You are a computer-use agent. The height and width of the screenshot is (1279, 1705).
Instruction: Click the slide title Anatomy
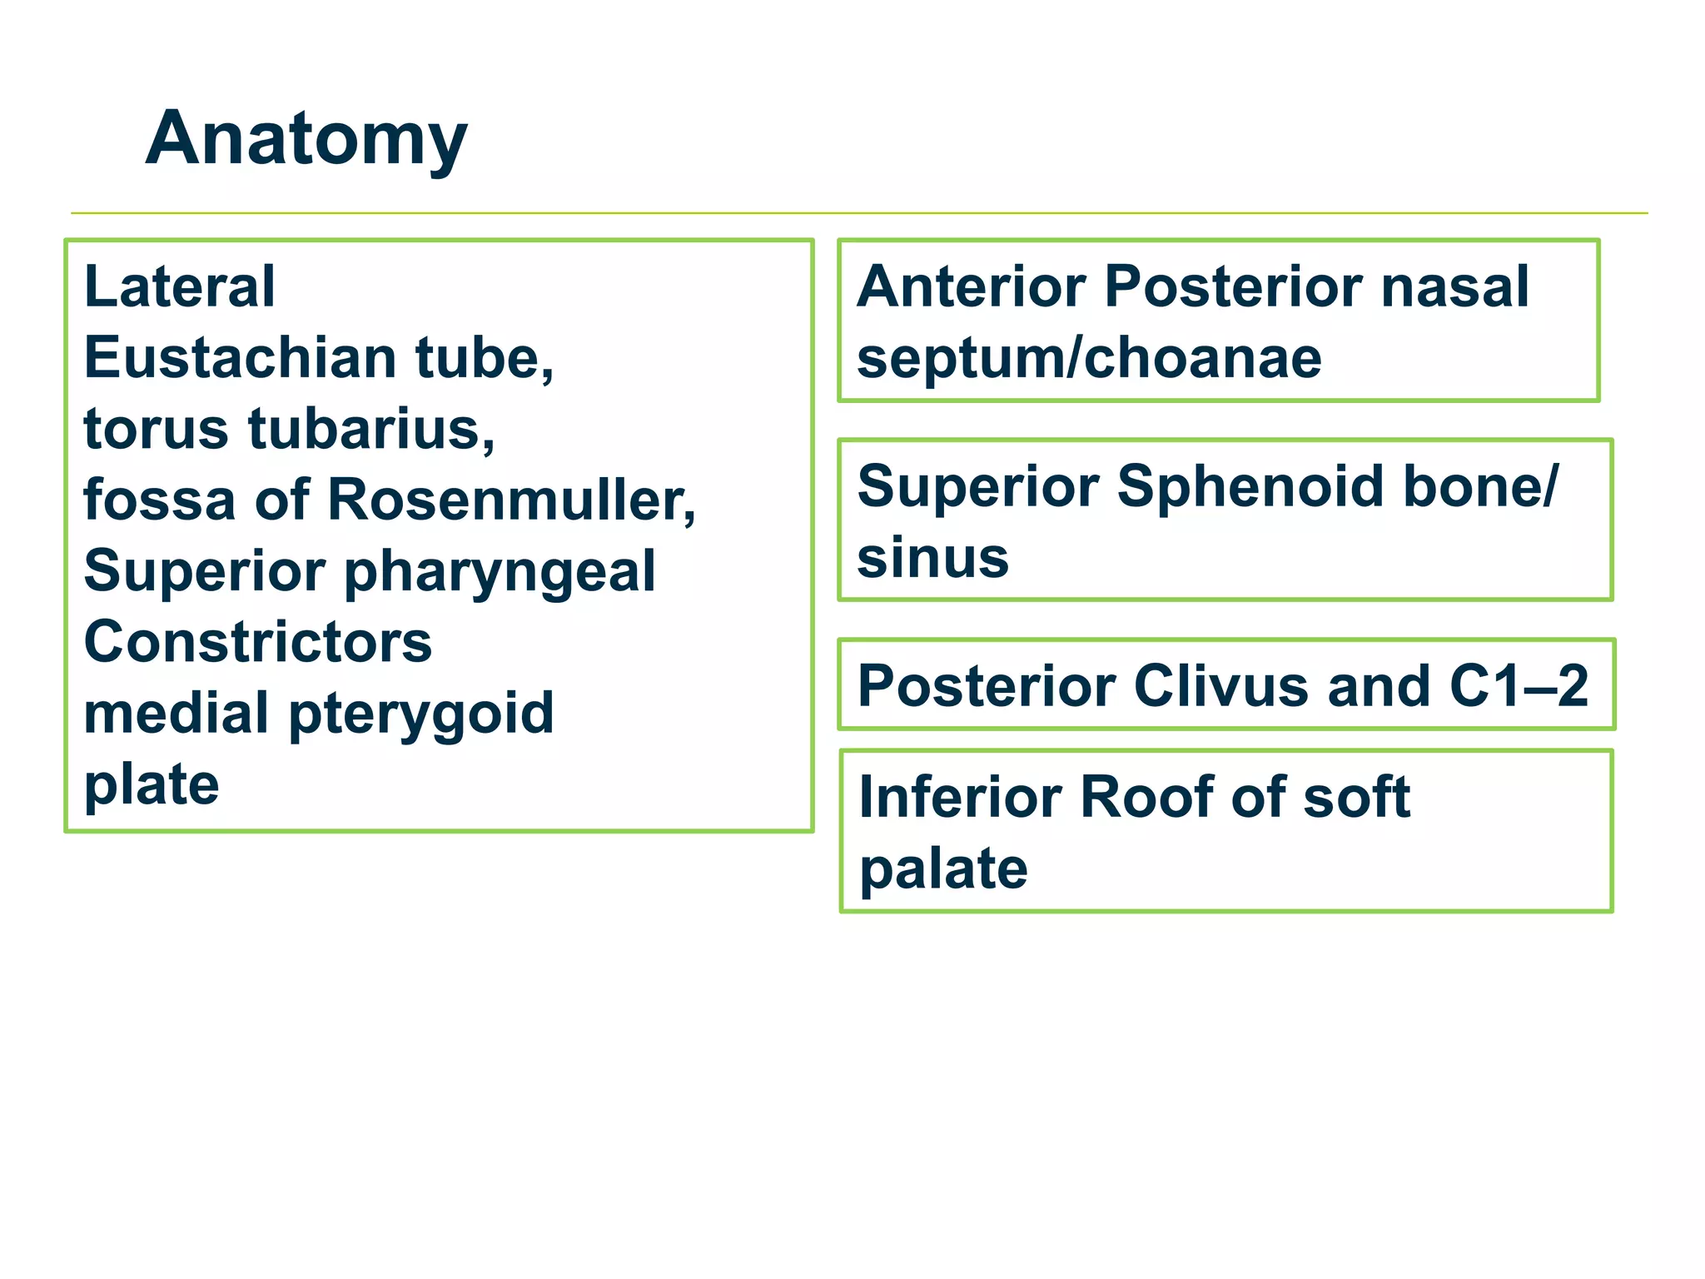coord(306,140)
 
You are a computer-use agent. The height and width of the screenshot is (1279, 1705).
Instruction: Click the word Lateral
coord(179,286)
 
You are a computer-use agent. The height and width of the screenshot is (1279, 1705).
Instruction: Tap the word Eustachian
coord(240,358)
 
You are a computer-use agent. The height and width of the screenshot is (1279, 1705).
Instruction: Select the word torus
coord(156,430)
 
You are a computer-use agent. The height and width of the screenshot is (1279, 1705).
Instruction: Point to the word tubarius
coord(371,430)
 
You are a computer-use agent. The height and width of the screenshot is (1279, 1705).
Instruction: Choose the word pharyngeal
coord(500,573)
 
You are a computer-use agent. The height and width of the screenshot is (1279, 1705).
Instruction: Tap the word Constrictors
coord(258,643)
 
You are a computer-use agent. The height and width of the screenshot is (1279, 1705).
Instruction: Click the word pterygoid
coord(421,714)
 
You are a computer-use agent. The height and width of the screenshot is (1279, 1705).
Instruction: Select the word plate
coord(152,786)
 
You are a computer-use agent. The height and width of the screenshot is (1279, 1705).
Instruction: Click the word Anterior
coord(972,286)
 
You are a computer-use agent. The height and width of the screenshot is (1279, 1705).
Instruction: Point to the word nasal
coord(1454,286)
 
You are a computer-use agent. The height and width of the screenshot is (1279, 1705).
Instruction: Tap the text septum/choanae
coord(1089,358)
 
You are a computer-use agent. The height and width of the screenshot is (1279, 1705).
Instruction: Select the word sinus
coord(932,558)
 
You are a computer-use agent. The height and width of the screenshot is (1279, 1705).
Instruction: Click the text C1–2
coord(1519,686)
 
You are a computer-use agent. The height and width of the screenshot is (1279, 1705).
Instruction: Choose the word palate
coord(943,869)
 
